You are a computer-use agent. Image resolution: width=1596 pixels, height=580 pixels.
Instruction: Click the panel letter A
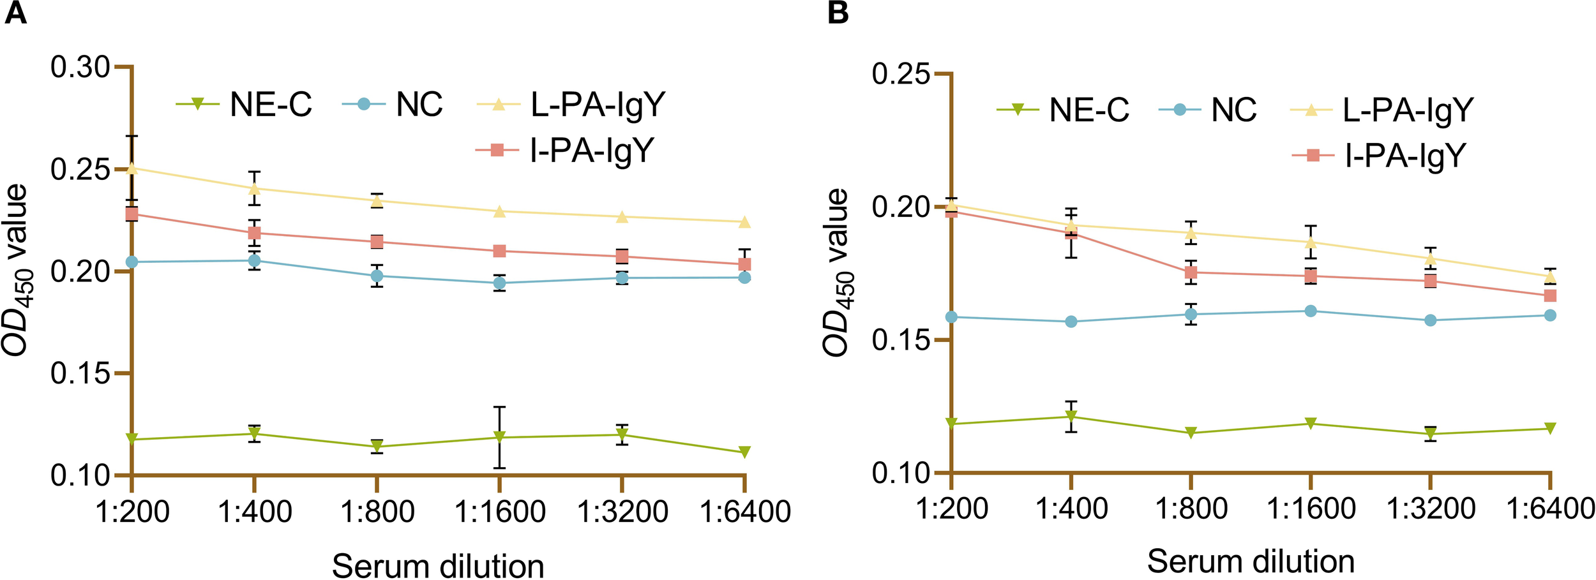click(15, 13)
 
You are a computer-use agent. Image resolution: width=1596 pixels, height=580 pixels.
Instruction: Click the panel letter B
click(838, 13)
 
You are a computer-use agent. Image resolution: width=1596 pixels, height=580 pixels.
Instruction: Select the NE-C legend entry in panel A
click(245, 104)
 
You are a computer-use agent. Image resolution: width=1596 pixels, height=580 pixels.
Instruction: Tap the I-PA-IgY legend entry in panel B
click(1378, 155)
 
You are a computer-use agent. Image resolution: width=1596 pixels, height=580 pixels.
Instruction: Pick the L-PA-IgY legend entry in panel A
click(571, 104)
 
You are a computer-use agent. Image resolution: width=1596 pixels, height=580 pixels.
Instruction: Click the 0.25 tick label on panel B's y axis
click(901, 74)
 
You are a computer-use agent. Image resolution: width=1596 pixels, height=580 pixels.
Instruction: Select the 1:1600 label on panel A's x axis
click(500, 511)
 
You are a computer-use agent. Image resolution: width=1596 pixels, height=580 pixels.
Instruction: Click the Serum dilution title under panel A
click(438, 565)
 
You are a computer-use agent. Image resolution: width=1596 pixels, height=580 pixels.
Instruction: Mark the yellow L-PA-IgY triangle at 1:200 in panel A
click(132, 168)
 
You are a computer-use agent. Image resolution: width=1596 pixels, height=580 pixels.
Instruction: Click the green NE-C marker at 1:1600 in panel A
click(500, 437)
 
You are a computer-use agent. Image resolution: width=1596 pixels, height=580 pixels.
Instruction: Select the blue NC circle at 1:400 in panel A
click(254, 260)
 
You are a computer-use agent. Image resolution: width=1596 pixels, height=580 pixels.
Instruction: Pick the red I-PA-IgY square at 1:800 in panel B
click(1191, 272)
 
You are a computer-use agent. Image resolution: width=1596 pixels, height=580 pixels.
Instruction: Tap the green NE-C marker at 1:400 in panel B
click(1071, 417)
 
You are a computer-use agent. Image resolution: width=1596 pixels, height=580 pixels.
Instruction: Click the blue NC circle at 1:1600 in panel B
click(1311, 311)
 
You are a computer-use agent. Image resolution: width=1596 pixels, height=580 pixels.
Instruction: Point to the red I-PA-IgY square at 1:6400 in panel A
click(744, 264)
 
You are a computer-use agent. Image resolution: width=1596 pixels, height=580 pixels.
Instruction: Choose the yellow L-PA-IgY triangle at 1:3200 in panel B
click(1431, 258)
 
